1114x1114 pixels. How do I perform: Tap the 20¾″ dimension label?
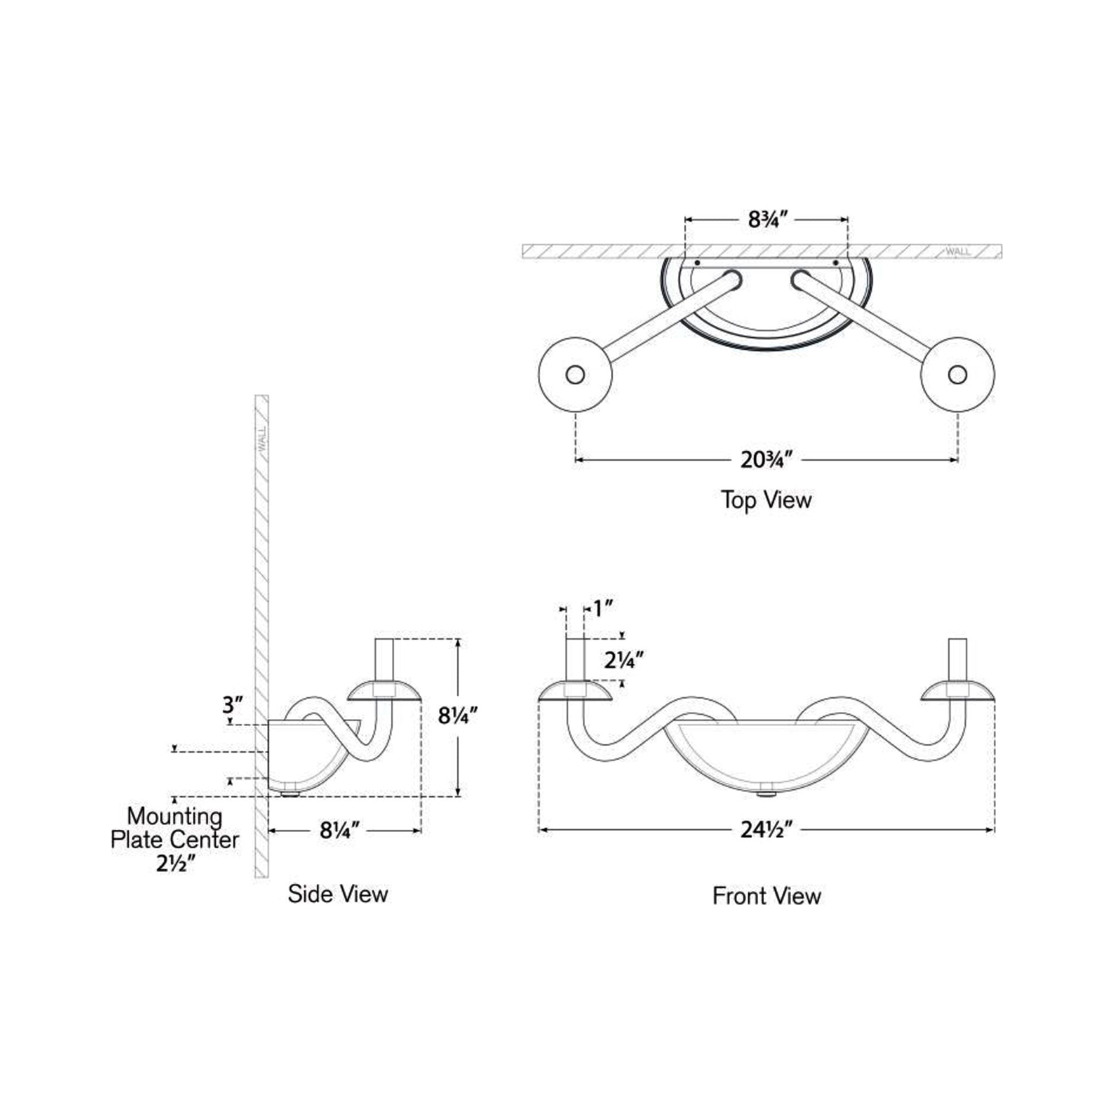(766, 460)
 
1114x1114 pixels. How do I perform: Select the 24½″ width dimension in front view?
(766, 830)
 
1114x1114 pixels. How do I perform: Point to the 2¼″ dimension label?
(624, 659)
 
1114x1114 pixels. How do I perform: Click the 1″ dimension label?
(603, 608)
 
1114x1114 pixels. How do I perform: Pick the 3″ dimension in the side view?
(233, 705)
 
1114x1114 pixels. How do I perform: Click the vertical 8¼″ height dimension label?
(458, 716)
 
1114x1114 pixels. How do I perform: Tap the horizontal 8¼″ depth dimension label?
(340, 830)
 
